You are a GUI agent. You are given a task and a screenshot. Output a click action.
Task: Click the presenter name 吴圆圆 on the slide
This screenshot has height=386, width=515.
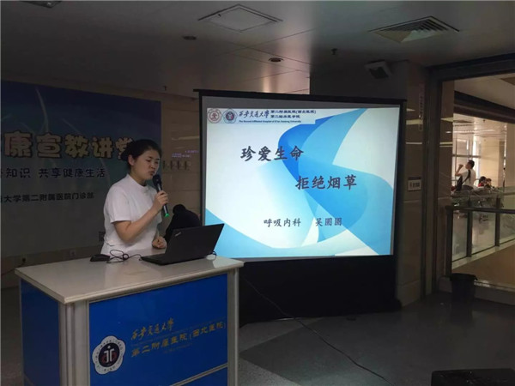[329, 221]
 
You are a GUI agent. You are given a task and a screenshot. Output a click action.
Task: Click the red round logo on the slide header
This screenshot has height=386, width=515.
[215, 116]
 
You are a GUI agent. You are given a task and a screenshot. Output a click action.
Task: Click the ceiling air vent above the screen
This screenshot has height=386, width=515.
[238, 17]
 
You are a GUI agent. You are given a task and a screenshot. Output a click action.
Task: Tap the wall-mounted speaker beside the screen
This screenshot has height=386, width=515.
[378, 69]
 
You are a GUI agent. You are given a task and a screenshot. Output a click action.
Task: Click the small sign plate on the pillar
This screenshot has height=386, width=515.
[415, 184]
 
